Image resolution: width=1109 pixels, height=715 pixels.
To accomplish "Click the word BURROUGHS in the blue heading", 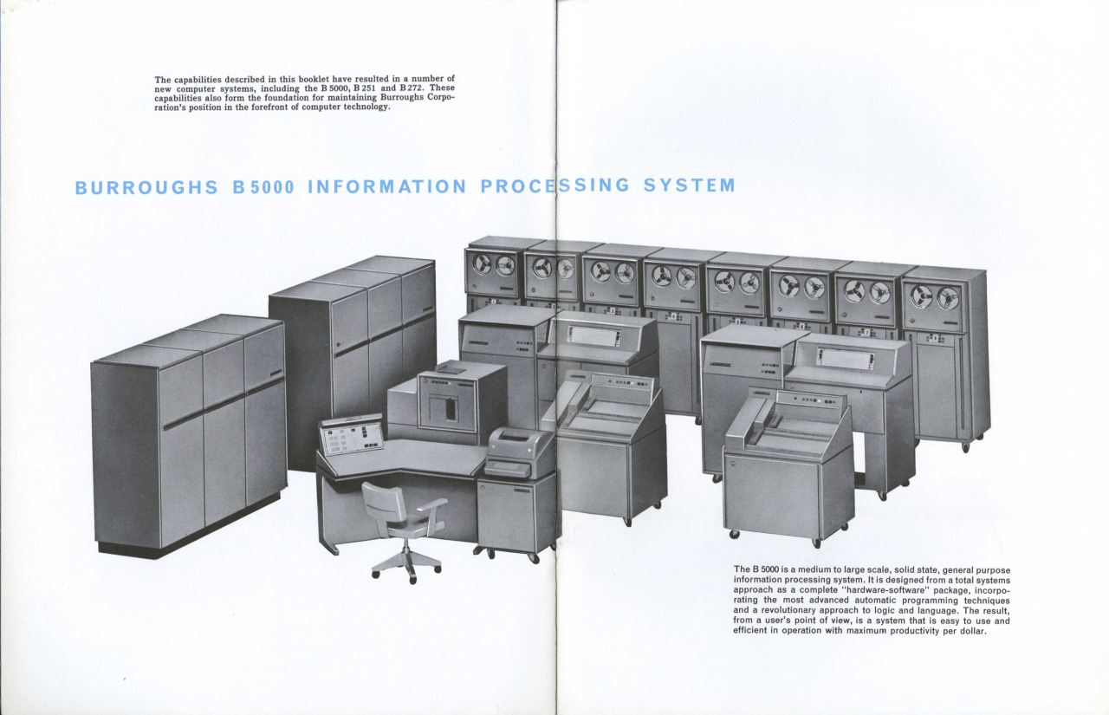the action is pos(146,188).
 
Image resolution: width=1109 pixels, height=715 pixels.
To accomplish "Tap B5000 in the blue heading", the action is pos(263,187).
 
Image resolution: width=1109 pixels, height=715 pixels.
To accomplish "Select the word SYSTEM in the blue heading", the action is pos(689,185).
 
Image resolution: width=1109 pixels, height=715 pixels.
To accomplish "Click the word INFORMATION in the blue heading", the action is pos(387,186).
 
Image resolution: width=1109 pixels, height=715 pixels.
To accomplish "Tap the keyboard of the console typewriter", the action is pos(507,467).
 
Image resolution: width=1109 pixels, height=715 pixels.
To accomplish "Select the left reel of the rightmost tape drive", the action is pos(921,296).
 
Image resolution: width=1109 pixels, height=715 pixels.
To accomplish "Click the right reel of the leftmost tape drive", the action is pos(505,266).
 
